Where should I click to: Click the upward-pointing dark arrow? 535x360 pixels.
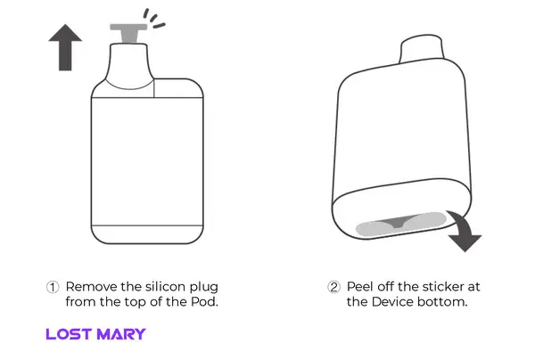point(65,48)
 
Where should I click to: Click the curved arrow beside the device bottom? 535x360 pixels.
point(465,233)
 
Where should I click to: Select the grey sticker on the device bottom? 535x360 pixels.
point(401,224)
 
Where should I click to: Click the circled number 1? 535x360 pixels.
point(53,287)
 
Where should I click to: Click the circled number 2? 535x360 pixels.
point(333,287)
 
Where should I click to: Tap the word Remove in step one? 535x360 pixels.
point(92,287)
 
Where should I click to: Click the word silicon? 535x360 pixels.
point(166,287)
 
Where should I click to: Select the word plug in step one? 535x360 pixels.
point(203,288)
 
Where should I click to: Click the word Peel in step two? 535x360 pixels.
point(360,287)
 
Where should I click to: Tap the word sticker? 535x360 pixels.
point(439,287)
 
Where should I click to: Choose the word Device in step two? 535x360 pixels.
point(392,302)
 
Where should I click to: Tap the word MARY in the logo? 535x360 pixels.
point(121,334)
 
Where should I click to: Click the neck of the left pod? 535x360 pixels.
point(129,66)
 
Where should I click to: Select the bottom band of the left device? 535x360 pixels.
point(147,234)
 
